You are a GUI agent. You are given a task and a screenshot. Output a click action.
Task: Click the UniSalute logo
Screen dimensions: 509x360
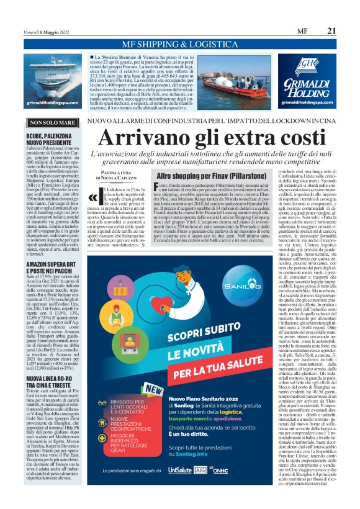[179, 489]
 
